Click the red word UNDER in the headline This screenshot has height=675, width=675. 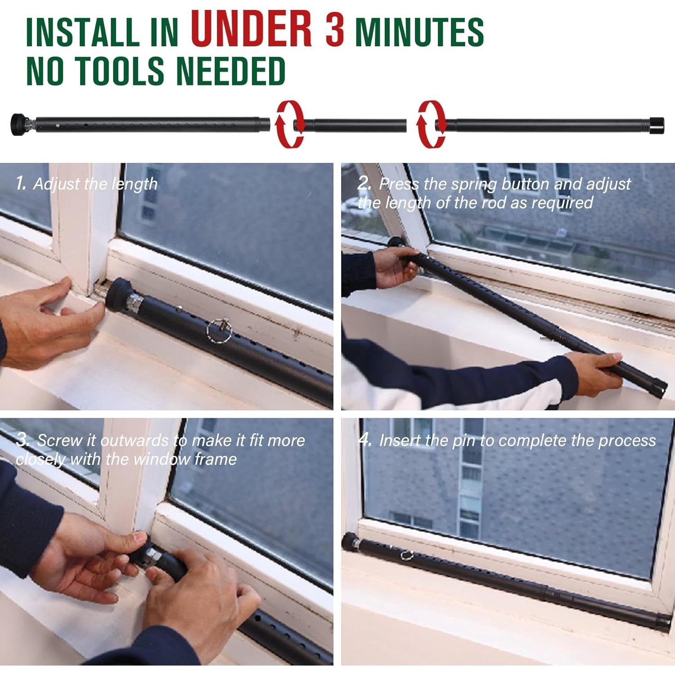pos(251,29)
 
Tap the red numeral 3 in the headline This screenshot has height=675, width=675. pos(335,30)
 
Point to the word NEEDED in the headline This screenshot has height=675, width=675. pos(230,71)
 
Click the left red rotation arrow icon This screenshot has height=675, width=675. pos(290,124)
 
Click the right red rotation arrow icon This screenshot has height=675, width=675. pos(431,124)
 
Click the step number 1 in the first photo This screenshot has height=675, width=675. pos(20,183)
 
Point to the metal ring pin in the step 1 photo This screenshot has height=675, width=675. pos(219,330)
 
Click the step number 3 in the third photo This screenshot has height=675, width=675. pos(21,440)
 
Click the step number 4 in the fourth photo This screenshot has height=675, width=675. pos(365,440)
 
